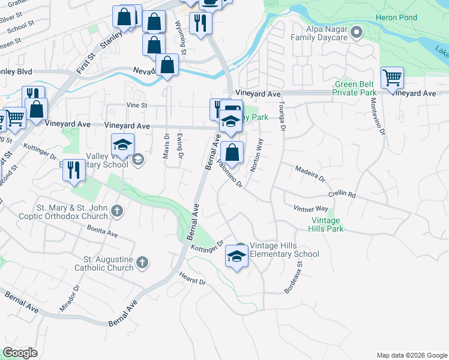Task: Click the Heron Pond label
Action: click(x=396, y=17)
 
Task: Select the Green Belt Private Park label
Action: click(x=355, y=88)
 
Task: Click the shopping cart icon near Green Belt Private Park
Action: click(x=392, y=77)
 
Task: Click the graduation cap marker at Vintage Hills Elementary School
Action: click(x=237, y=257)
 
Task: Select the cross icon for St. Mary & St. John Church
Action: click(x=117, y=211)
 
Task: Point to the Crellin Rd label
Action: click(x=342, y=195)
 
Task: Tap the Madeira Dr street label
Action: click(x=310, y=175)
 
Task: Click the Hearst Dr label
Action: click(x=192, y=278)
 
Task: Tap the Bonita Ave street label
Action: click(x=102, y=230)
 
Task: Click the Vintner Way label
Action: click(x=310, y=208)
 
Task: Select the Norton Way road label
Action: click(x=257, y=155)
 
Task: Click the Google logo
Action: click(x=20, y=353)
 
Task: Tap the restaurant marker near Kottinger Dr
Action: click(x=74, y=170)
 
